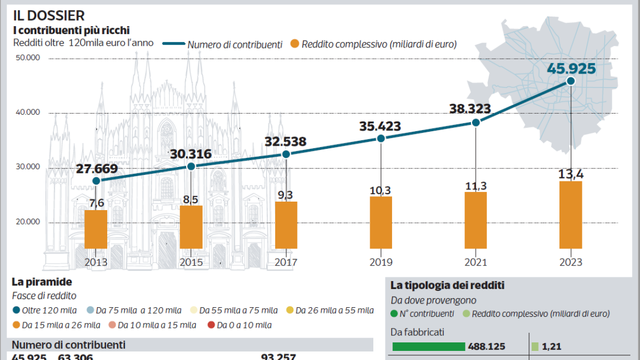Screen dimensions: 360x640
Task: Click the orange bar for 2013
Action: tap(96, 229)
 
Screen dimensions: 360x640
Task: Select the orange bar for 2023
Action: tap(571, 215)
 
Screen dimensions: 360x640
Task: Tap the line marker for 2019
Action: tap(381, 138)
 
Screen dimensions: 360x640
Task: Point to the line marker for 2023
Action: tap(571, 81)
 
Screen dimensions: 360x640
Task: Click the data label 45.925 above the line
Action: tap(570, 68)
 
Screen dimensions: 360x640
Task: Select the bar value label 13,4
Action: tap(570, 173)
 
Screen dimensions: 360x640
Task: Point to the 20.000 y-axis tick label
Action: tap(28, 222)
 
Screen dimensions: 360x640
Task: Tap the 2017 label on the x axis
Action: tap(286, 262)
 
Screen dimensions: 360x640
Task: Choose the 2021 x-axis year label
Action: tap(476, 262)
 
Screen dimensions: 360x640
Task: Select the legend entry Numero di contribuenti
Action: tap(235, 44)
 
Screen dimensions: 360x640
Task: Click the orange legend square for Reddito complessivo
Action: tap(294, 44)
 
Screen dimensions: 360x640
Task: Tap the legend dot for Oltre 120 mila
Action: tap(17, 310)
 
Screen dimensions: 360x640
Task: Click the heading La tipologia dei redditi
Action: tap(447, 286)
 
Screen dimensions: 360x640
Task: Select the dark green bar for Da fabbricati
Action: tap(428, 347)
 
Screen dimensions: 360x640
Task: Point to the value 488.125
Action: tap(487, 347)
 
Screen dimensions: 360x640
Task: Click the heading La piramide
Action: tap(42, 282)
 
